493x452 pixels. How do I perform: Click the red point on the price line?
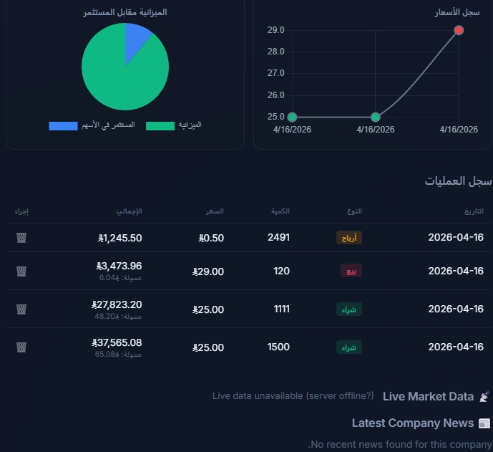pos(459,30)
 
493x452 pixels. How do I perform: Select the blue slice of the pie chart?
pos(136,40)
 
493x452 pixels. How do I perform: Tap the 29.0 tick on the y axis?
pos(276,30)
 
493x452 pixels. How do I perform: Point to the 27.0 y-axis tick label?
pos(276,73)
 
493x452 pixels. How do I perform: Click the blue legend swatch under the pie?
pos(63,126)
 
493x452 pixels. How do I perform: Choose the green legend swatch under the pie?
pos(160,126)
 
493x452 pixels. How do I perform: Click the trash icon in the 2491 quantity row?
pos(21,237)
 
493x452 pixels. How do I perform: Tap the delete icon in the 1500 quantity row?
pos(21,347)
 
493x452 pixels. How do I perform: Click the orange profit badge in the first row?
pos(349,238)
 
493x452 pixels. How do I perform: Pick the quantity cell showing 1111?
pos(281,309)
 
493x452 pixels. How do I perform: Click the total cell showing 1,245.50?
pos(120,238)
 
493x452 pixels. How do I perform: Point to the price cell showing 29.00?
pos(208,271)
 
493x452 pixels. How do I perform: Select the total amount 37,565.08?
pos(117,342)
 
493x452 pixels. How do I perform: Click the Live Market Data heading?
pos(428,396)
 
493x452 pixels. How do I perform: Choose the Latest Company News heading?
pos(413,423)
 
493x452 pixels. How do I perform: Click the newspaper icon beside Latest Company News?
pos(484,423)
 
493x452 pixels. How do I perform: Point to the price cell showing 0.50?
pos(212,238)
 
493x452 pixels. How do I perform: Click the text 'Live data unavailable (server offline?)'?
pos(293,396)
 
